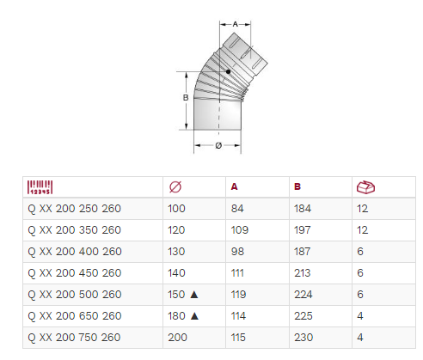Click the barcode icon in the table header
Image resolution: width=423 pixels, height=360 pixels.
tap(40, 187)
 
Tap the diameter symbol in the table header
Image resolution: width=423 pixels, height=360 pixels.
tap(175, 187)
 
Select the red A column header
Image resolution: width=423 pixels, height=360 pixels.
tap(234, 187)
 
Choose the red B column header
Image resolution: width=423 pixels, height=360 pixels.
tap(297, 187)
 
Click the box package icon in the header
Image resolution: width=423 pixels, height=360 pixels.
tap(365, 187)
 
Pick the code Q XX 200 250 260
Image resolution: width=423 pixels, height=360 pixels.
tap(74, 209)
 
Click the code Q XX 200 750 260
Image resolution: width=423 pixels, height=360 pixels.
tap(74, 338)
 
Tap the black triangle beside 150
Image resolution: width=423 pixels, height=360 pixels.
tap(194, 295)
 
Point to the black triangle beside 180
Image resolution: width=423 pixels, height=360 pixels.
tap(194, 316)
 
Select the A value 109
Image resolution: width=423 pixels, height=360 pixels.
tap(240, 230)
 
